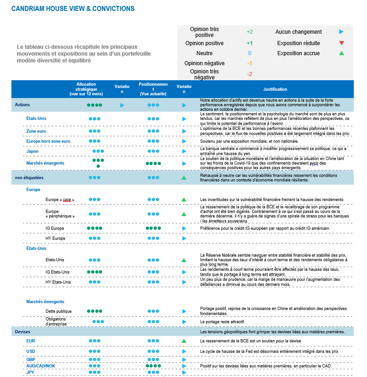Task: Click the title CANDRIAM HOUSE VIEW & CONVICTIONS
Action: tap(72, 9)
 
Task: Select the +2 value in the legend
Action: tap(249, 32)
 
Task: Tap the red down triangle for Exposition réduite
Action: tap(341, 43)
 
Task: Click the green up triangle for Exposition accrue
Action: tap(341, 53)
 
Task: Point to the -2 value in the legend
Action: tap(249, 74)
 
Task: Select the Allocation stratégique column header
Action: tap(90, 89)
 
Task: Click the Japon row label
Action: tap(32, 151)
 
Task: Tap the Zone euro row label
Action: tap(36, 131)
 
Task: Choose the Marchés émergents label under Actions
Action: tap(45, 163)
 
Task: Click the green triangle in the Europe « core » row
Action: tap(184, 200)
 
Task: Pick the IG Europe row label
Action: tap(55, 228)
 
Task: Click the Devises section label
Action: tap(22, 332)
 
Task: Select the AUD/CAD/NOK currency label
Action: tap(41, 366)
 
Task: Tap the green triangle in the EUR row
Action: tap(184, 341)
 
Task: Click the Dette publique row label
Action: tap(58, 311)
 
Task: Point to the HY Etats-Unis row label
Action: tap(58, 282)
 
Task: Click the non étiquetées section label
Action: tap(29, 177)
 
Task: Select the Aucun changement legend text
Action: tap(299, 32)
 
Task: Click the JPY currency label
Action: tap(31, 372)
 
